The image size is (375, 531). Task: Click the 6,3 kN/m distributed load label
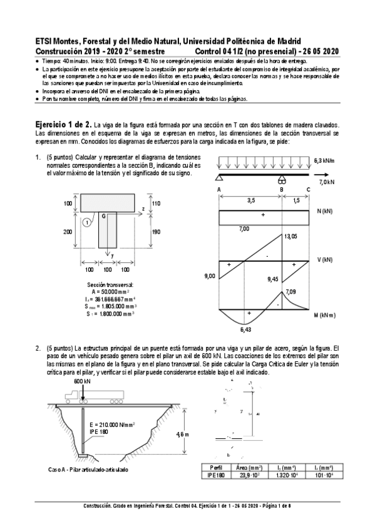[323, 160]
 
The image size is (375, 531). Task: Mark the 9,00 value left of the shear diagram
[209, 276]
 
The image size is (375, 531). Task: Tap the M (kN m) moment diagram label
[327, 317]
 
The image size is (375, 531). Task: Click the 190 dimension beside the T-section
[157, 232]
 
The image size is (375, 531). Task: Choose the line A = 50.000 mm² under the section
[110, 291]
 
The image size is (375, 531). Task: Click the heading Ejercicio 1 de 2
[63, 125]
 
